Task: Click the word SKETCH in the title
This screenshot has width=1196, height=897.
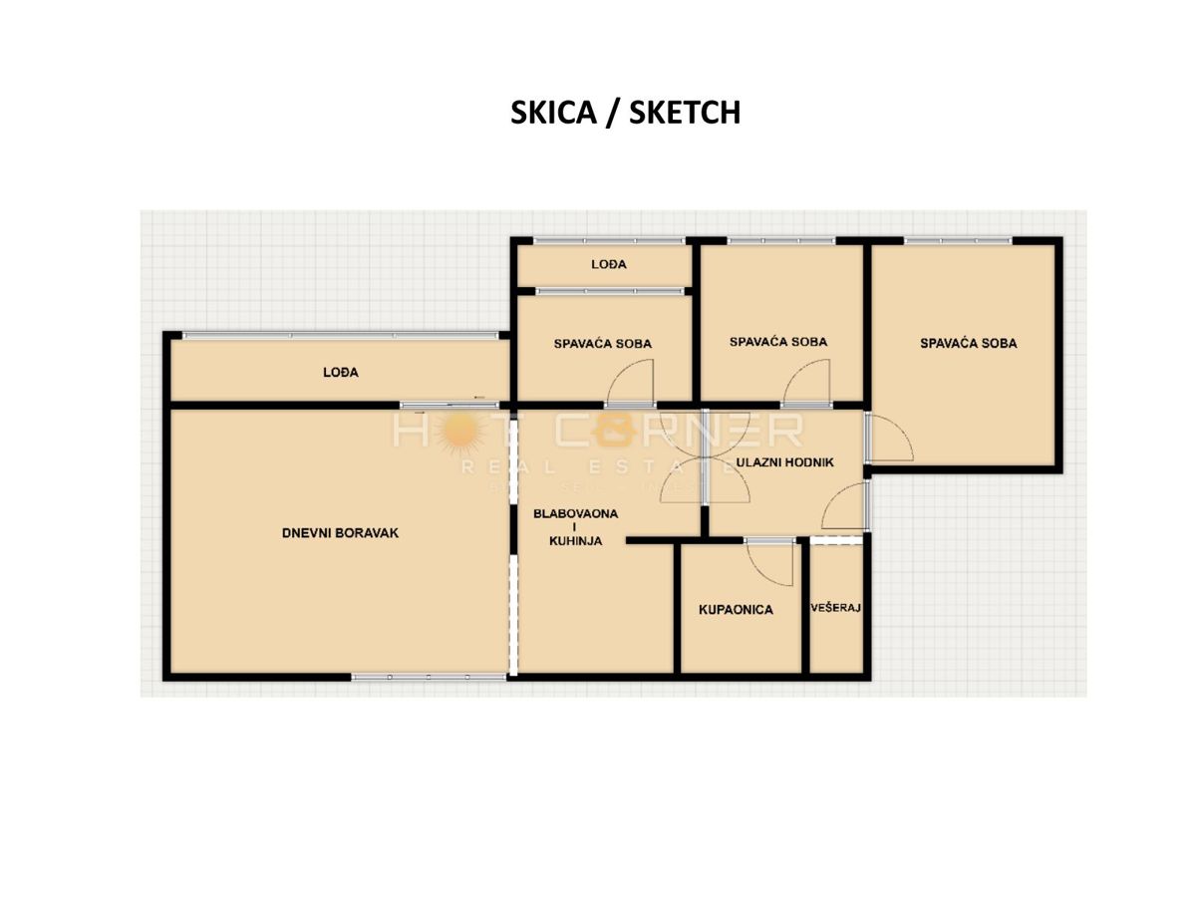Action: pos(686,113)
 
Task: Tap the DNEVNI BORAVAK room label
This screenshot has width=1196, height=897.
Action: pos(340,533)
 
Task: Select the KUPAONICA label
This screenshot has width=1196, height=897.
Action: pos(736,609)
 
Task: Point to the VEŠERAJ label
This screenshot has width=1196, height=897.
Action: pos(835,607)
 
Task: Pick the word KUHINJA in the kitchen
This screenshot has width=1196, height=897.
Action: pos(575,541)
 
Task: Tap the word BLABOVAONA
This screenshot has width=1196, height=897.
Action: pos(575,514)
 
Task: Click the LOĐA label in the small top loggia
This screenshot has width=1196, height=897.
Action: pos(608,264)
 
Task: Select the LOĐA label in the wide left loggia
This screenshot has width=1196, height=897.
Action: pos(340,373)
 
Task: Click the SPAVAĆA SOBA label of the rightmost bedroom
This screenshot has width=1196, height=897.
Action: pos(968,343)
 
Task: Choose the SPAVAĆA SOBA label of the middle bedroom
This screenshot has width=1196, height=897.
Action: pos(777,342)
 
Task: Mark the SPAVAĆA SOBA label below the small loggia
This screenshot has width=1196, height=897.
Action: pos(602,344)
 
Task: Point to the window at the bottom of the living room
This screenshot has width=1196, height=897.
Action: pos(429,677)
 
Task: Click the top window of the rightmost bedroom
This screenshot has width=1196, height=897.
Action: pos(957,240)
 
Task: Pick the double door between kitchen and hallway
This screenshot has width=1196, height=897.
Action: pos(705,467)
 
